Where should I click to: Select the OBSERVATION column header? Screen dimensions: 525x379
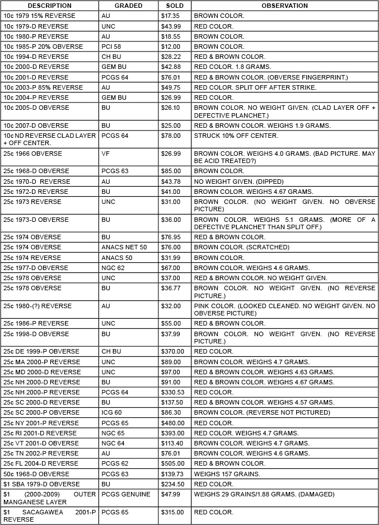[284, 6]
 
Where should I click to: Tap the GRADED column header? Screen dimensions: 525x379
[128, 6]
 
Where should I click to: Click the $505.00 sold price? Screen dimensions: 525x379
[173, 463]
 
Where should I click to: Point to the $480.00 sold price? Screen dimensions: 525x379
[173, 423]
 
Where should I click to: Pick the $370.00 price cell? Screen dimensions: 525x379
[173, 351]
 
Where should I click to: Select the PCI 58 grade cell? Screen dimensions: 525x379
[110, 47]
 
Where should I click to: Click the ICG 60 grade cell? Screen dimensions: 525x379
[111, 412]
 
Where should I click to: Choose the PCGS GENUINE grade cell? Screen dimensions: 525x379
[126, 494]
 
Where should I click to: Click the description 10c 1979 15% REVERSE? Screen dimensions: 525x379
[39, 16]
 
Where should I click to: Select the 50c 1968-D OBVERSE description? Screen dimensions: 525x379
[36, 474]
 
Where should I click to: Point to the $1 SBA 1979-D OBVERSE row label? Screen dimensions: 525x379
[41, 484]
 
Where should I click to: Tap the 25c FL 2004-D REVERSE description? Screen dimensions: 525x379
[41, 463]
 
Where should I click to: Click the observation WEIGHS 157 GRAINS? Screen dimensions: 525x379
[227, 474]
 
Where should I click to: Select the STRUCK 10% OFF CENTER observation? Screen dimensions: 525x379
[236, 136]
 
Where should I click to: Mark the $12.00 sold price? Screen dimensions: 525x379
[171, 47]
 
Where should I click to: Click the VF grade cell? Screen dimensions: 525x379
[105, 154]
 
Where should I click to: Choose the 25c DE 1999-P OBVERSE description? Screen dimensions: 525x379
[41, 351]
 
